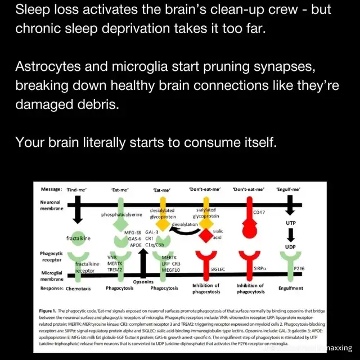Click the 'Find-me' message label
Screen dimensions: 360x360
[x=77, y=190]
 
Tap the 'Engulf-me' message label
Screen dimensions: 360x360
[x=290, y=190]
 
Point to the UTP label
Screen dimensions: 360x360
[x=290, y=224]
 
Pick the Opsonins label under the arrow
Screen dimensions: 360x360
[x=143, y=281]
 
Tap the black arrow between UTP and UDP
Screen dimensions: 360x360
[x=290, y=236]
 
